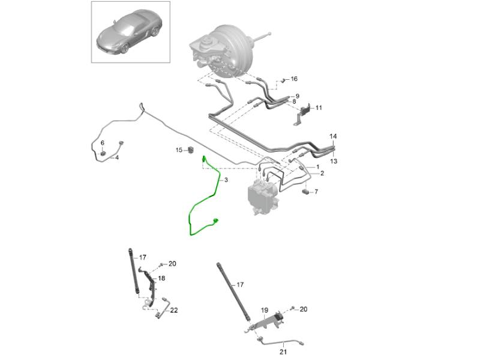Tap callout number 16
[x=294, y=79]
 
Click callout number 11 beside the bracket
[x=319, y=108]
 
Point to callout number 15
[x=179, y=150]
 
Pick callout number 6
[x=103, y=143]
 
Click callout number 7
[x=316, y=191]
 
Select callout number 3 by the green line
[x=226, y=180]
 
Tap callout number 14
[x=333, y=136]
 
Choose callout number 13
[x=334, y=161]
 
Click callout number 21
[x=283, y=352]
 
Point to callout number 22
[x=174, y=310]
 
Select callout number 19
[x=265, y=310]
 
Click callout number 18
[x=161, y=278]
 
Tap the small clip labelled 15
[x=191, y=150]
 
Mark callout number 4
[x=117, y=158]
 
